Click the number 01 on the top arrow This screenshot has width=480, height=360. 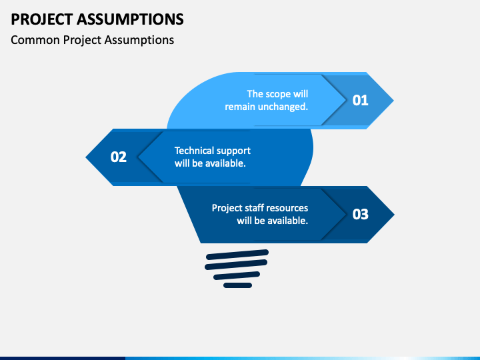(360, 101)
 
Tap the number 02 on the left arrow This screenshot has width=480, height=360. (119, 157)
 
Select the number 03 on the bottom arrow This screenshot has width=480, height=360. (360, 214)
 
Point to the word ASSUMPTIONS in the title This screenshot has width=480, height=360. (130, 19)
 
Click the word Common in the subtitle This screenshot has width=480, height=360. (35, 40)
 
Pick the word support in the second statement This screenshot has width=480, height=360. (233, 151)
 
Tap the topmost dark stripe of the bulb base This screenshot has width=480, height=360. (237, 255)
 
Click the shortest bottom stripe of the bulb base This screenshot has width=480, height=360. (237, 285)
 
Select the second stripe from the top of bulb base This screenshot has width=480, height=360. (236, 265)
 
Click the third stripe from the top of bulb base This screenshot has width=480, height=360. (237, 275)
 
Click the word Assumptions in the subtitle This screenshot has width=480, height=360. (139, 40)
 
